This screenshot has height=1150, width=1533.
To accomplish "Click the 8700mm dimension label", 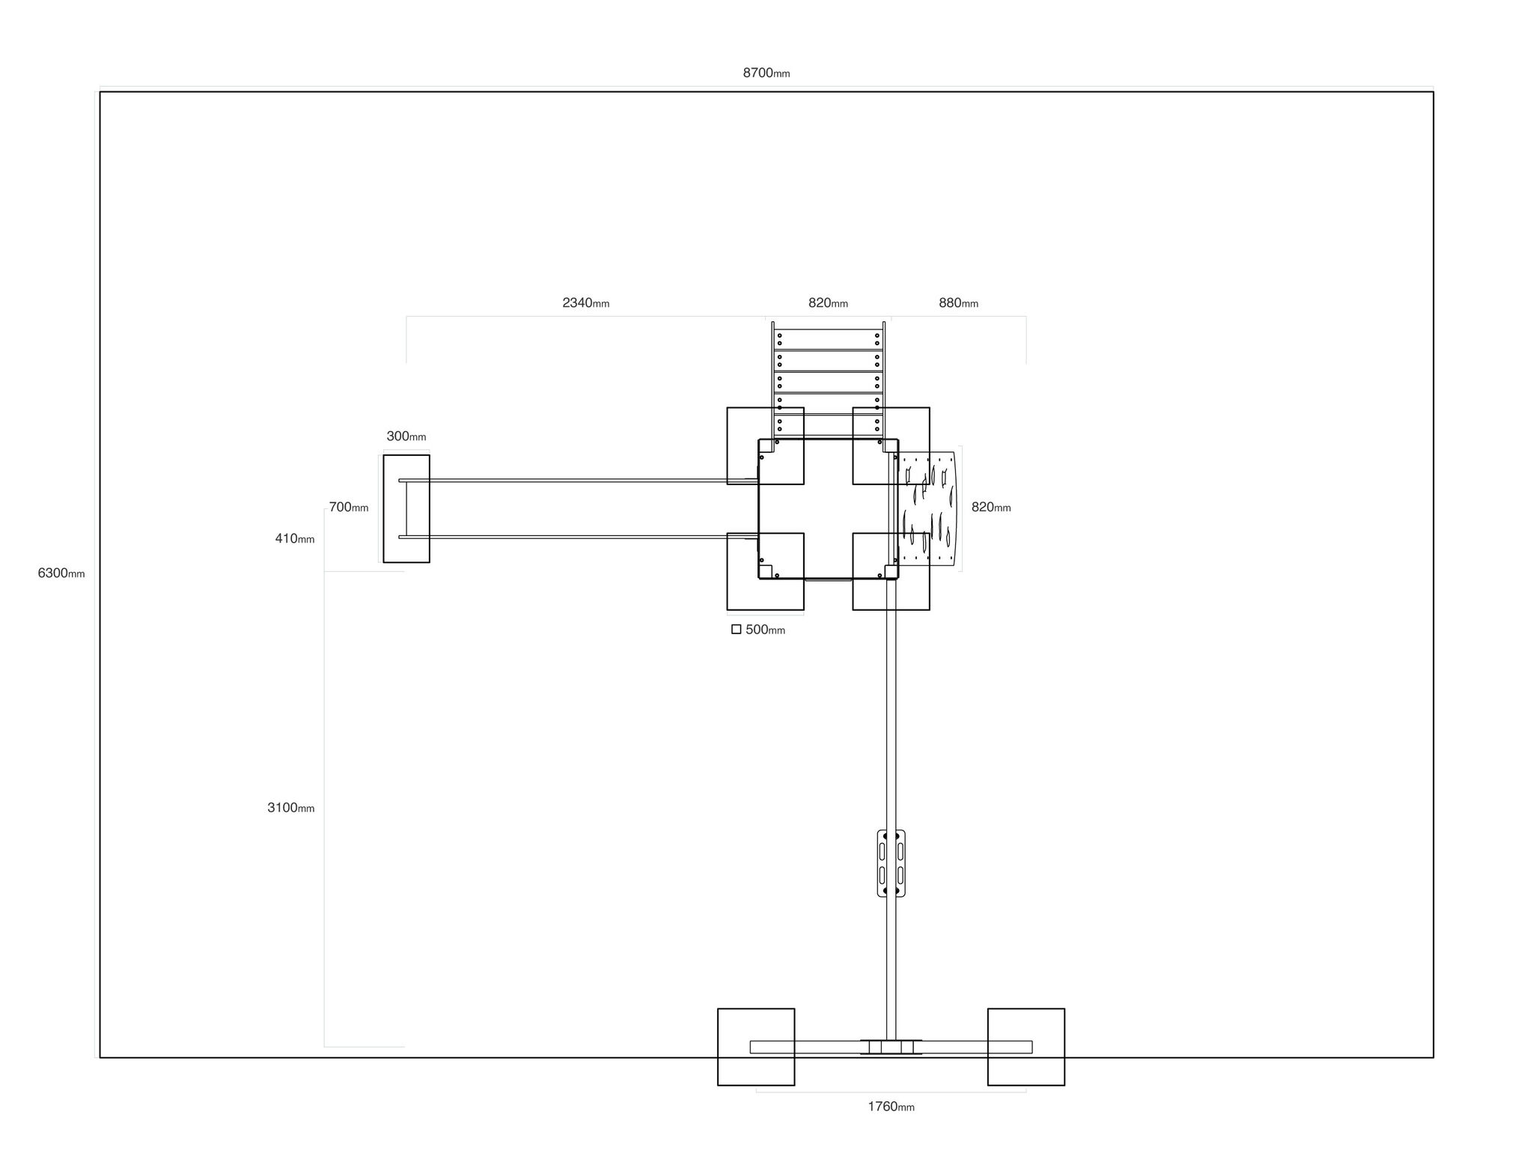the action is [x=766, y=73].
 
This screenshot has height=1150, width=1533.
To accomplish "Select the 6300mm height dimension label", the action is [x=61, y=574].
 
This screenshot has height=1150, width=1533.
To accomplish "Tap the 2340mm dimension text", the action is [x=586, y=303].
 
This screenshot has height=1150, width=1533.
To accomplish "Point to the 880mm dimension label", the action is [x=958, y=303].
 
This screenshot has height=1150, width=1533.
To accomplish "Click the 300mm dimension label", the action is [x=406, y=436].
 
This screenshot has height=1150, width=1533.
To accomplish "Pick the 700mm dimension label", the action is [x=349, y=507].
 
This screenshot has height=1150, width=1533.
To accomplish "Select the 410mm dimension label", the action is [x=295, y=538].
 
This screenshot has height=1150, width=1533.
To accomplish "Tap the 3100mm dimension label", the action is [x=291, y=808].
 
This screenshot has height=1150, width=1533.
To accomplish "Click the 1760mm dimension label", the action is [x=891, y=1107].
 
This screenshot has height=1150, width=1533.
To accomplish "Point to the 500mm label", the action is [x=765, y=630].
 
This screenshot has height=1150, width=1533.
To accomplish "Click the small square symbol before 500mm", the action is [x=737, y=630].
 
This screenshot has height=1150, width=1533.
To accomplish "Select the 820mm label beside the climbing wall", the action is [x=991, y=507].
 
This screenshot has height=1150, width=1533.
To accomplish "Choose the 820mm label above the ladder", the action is [x=828, y=303].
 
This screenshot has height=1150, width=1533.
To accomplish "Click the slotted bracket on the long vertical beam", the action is [x=891, y=862].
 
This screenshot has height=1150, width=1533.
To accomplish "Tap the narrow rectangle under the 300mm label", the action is [x=406, y=508].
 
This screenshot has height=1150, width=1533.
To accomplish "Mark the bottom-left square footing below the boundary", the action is [x=756, y=1047].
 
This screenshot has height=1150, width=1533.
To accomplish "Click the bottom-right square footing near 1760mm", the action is [x=1026, y=1047].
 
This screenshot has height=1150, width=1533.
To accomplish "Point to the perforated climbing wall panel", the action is [x=927, y=510].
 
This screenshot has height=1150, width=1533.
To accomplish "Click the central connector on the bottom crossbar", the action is [x=891, y=1047].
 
